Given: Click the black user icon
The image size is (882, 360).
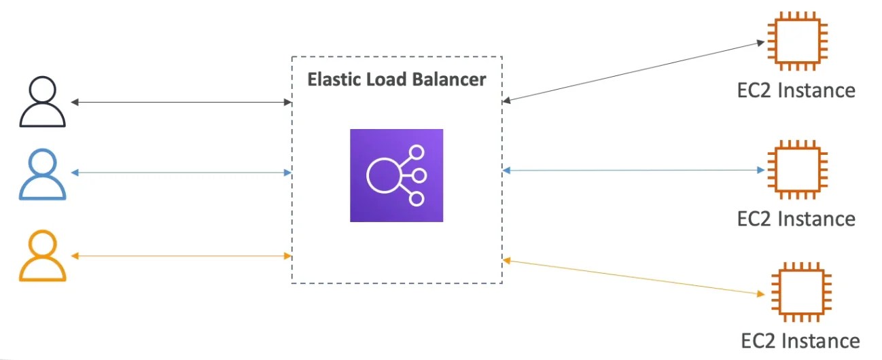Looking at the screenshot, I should [43, 103].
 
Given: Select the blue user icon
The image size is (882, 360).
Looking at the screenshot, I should [43, 175].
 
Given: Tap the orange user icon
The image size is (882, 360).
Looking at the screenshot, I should [43, 256].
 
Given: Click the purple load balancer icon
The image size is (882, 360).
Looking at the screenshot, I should [396, 175].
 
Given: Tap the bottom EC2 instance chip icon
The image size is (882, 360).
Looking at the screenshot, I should [800, 293].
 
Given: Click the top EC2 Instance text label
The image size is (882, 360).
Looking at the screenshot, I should [796, 90].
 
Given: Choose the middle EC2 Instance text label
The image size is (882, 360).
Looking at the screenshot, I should [796, 219].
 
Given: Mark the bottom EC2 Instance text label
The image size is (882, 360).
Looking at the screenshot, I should [800, 340].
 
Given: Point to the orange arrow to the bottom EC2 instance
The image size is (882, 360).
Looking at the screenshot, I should [632, 277].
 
